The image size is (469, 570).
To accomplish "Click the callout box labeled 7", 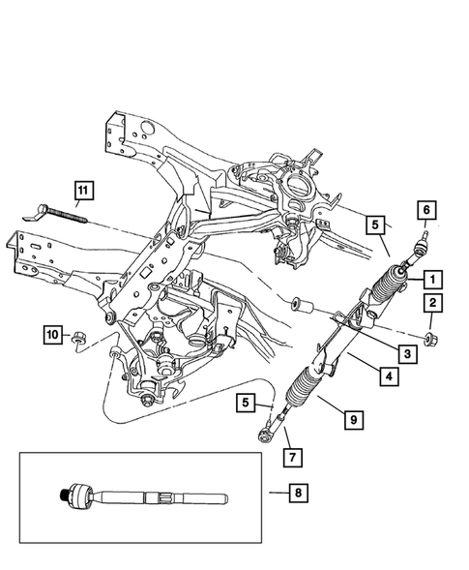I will click(288, 454).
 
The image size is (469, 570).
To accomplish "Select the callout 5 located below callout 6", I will click(376, 225).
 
